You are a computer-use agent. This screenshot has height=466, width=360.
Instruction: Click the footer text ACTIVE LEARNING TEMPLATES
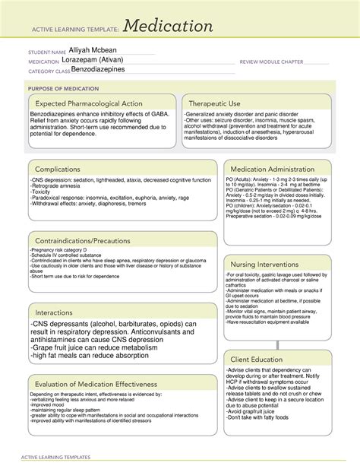point(58,458)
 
